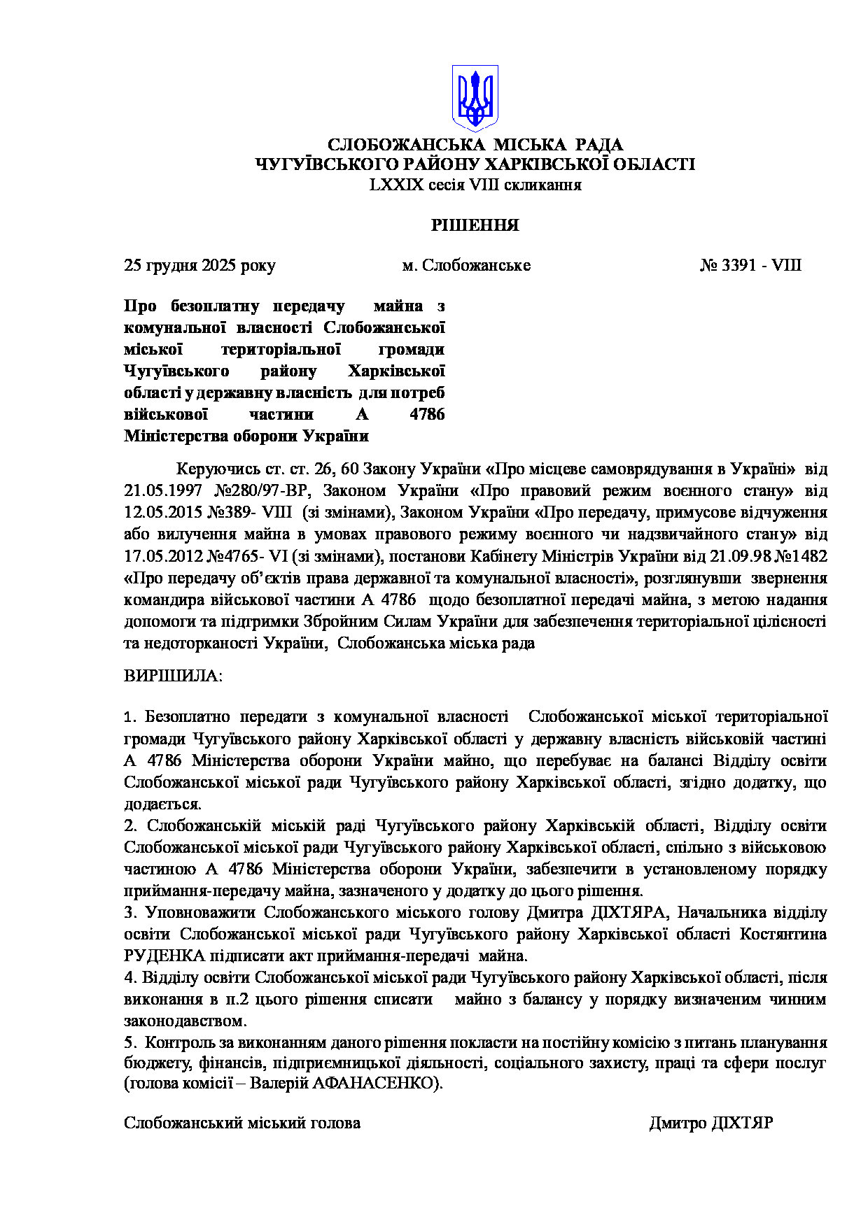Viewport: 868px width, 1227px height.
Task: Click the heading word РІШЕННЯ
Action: (x=475, y=225)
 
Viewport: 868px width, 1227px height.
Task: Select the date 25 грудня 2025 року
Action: (x=199, y=266)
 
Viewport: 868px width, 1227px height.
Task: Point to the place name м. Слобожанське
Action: (x=466, y=266)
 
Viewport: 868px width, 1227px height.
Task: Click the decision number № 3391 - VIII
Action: (x=750, y=266)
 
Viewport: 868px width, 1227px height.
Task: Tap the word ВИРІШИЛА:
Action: (x=174, y=676)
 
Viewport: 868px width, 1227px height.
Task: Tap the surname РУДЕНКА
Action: (x=164, y=956)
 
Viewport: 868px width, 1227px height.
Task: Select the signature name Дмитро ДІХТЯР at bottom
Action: (x=710, y=1123)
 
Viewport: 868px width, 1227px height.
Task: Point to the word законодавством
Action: (x=185, y=1021)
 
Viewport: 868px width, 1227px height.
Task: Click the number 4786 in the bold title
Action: (x=427, y=415)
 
